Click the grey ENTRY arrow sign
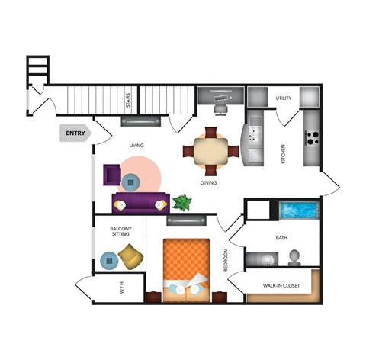[x=75, y=133]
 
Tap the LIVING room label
[x=136, y=145]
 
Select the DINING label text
[x=208, y=183]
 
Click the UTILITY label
[x=284, y=98]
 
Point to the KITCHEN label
[x=284, y=155]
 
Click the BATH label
[x=281, y=238]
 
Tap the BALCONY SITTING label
[x=121, y=232]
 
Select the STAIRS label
[x=128, y=99]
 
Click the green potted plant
[x=182, y=202]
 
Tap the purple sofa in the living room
[x=140, y=202]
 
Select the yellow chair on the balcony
[x=130, y=256]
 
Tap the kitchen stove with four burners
[x=313, y=139]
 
